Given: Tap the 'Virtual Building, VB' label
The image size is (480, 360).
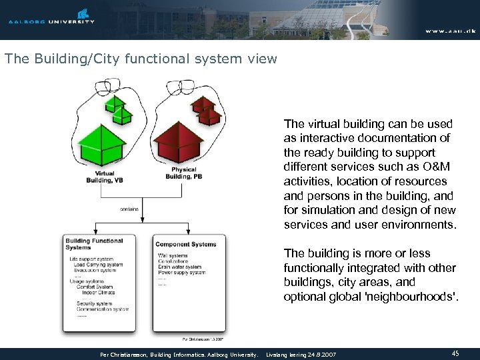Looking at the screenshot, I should tap(100, 176).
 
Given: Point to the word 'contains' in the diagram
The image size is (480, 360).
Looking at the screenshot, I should tap(129, 209).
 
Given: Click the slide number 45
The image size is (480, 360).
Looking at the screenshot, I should tap(455, 353).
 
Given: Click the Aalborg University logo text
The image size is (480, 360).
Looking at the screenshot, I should tap(51, 21).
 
